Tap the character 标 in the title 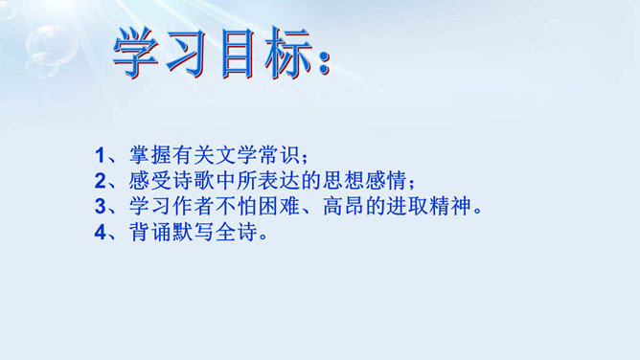288,53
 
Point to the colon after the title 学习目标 324,62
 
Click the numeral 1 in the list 100,155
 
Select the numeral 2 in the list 100,181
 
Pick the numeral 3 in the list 100,206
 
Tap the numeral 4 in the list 100,232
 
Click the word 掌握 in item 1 149,155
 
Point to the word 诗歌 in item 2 193,181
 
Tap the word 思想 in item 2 343,181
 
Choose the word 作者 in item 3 193,206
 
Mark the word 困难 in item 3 279,206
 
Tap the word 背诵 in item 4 149,232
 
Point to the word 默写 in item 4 193,232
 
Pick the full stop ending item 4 263,236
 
